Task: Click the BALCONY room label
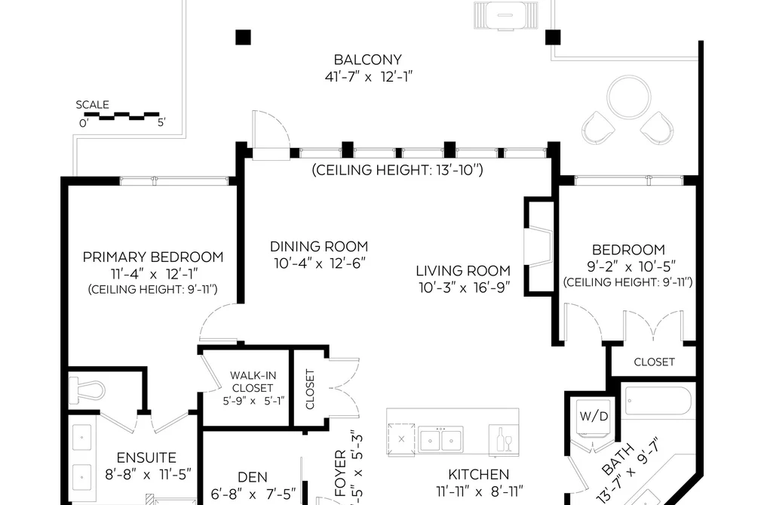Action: click(368, 60)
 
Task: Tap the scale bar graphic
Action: click(122, 116)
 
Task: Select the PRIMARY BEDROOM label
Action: click(153, 257)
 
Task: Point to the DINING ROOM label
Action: click(319, 246)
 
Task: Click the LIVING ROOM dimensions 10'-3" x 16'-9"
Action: click(465, 288)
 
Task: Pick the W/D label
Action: click(594, 416)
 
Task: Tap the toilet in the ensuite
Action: click(87, 390)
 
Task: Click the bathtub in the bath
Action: click(658, 401)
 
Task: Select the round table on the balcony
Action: click(629, 97)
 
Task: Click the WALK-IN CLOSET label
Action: click(253, 382)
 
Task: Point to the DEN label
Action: click(253, 477)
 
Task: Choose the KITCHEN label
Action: click(478, 474)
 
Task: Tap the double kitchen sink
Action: click(440, 439)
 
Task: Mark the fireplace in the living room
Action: click(539, 246)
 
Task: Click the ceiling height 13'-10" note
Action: click(397, 170)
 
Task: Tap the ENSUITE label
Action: click(146, 457)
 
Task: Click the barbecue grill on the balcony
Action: click(506, 15)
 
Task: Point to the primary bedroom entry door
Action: click(218, 322)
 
